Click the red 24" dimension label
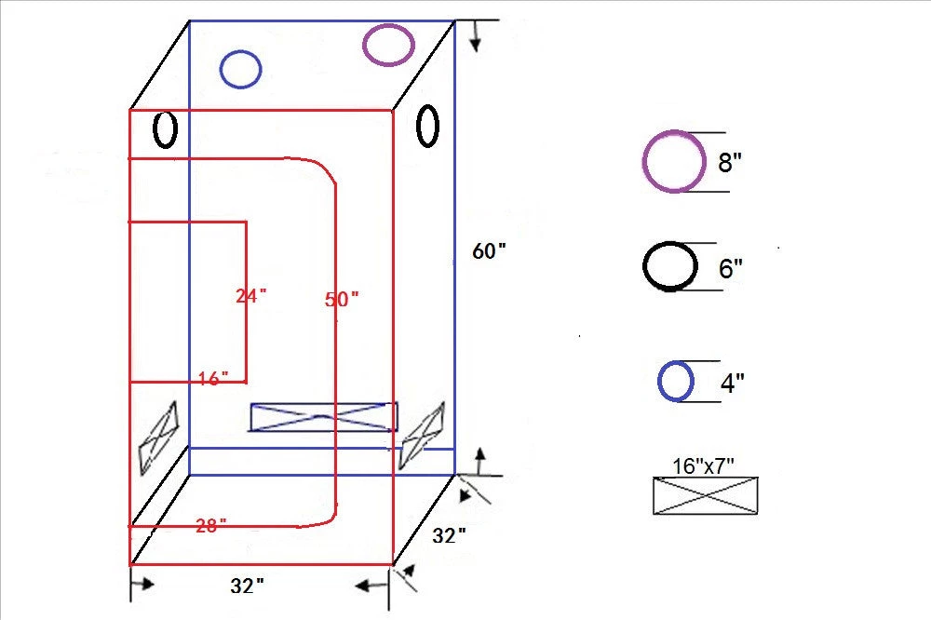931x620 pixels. coord(251,296)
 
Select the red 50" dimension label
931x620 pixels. coord(342,300)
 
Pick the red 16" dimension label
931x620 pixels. coord(213,378)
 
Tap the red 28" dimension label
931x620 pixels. coord(210,526)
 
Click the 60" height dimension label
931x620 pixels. coord(490,251)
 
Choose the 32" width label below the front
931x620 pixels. coord(247,586)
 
